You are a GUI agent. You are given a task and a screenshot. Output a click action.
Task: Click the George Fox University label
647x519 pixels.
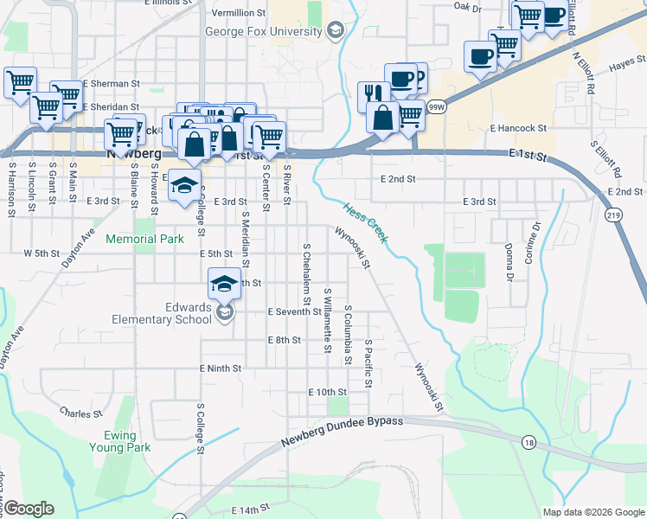(x=266, y=32)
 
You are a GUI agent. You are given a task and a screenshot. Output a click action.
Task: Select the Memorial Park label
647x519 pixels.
(x=144, y=238)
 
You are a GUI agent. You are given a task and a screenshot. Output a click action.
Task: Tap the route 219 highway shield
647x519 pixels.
(x=613, y=215)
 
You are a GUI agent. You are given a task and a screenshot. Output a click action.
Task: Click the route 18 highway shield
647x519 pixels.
(x=528, y=442)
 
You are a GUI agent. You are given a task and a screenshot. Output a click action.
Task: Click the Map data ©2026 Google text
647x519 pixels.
(x=593, y=512)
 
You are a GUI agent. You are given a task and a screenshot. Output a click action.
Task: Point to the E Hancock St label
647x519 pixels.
(x=518, y=128)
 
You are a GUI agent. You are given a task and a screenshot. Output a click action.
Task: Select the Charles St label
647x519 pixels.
(x=82, y=414)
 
